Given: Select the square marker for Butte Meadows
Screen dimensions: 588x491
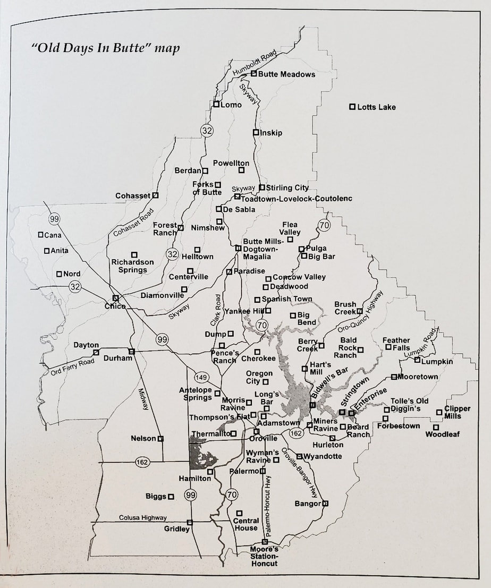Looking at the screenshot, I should [x=254, y=73].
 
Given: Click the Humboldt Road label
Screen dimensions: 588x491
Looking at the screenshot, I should [x=255, y=63].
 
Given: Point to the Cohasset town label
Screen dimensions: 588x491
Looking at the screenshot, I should [x=133, y=196].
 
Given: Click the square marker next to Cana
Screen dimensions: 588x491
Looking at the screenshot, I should [x=41, y=234].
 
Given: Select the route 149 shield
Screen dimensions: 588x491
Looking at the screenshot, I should [x=201, y=377].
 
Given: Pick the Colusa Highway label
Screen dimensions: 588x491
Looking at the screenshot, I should [x=142, y=517].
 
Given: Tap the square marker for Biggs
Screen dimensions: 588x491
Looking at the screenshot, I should [x=171, y=497].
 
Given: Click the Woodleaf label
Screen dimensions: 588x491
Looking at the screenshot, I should [x=443, y=434].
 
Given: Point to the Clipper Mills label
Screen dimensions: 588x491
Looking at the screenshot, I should [x=457, y=413].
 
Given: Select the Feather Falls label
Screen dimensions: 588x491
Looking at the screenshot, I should [x=396, y=344].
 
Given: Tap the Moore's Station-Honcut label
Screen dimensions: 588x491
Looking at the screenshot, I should [x=265, y=556].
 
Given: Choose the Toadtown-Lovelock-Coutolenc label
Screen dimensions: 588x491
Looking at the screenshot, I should [x=297, y=199].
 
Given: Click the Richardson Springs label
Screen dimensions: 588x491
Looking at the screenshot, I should [x=132, y=266].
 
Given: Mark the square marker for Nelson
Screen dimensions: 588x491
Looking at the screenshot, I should [x=160, y=439].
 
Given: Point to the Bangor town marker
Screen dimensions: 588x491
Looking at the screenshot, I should [x=325, y=503].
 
